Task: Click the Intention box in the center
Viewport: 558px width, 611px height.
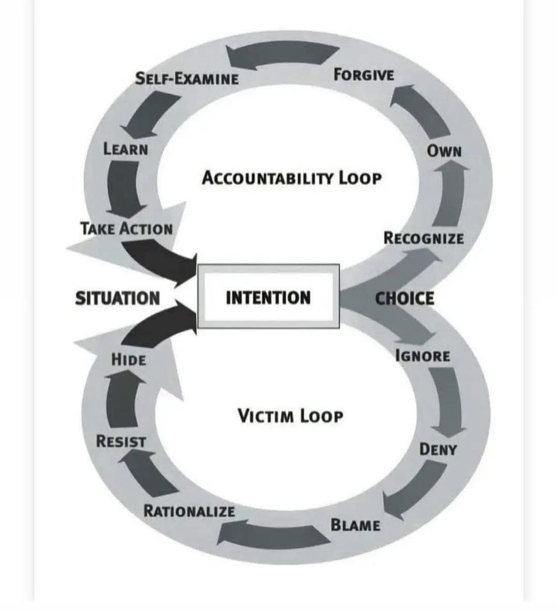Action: (x=268, y=298)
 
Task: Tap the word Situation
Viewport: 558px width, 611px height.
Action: (x=117, y=298)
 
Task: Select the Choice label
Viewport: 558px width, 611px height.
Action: (x=404, y=298)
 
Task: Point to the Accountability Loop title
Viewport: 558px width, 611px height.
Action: (x=292, y=178)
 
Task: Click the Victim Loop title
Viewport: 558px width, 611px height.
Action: (x=290, y=417)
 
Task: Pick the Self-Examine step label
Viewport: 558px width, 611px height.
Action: (x=186, y=78)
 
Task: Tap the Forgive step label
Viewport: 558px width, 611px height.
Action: (x=364, y=75)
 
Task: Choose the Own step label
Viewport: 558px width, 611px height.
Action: (x=444, y=150)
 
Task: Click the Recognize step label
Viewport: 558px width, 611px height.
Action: (x=423, y=238)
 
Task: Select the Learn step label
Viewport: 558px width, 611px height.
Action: (x=125, y=148)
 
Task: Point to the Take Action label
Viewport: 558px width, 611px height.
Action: (x=126, y=229)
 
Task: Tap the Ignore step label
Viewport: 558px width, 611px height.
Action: (x=423, y=356)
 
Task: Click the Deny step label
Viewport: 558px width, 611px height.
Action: (x=438, y=450)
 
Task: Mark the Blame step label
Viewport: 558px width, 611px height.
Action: (x=355, y=524)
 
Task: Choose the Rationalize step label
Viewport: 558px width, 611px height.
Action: (x=189, y=511)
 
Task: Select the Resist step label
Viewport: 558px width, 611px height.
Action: (x=121, y=441)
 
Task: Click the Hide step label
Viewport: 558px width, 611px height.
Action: (x=128, y=359)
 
